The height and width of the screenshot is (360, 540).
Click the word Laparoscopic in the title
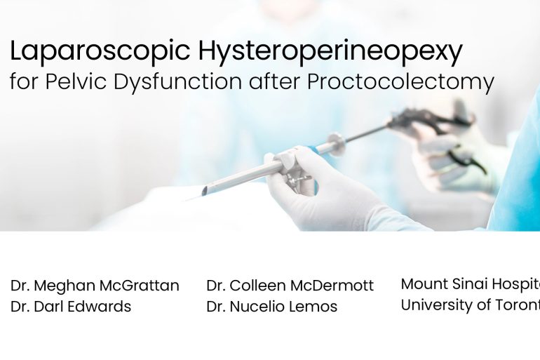pyautogui.click(x=100, y=51)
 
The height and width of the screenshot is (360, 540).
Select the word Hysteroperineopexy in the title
pyautogui.click(x=330, y=51)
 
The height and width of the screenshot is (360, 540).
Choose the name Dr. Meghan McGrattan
pyautogui.click(x=95, y=286)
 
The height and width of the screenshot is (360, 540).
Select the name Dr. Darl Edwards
pyautogui.click(x=71, y=307)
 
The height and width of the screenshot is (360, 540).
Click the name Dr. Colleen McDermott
pyautogui.click(x=290, y=286)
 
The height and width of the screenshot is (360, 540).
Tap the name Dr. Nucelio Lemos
pyautogui.click(x=271, y=307)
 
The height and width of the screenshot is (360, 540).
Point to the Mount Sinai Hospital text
pyautogui.click(x=470, y=284)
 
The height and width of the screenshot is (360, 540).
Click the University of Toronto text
pyautogui.click(x=470, y=305)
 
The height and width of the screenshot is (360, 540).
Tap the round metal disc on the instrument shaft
pyautogui.click(x=336, y=144)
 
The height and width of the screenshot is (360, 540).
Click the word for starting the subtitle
pyautogui.click(x=25, y=82)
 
